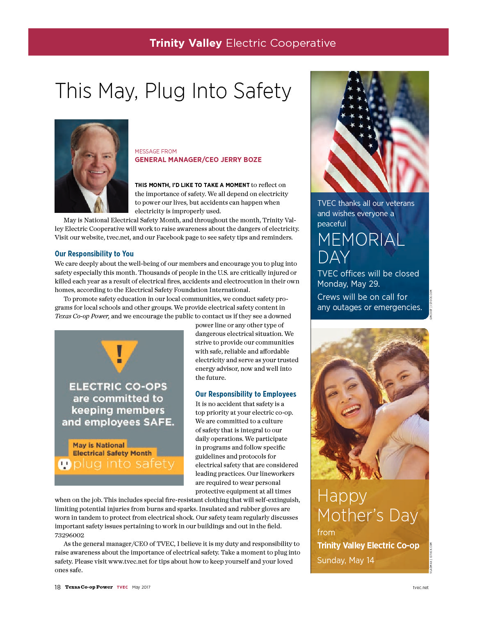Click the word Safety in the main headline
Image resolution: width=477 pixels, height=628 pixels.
click(x=262, y=91)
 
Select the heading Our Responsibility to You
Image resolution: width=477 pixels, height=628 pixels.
click(x=94, y=253)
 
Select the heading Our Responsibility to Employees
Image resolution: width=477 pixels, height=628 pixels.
click(x=245, y=394)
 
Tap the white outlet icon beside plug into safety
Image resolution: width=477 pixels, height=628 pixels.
click(x=64, y=464)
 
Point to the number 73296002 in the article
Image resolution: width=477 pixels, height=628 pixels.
click(x=69, y=535)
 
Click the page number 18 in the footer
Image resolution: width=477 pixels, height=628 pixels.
click(x=57, y=587)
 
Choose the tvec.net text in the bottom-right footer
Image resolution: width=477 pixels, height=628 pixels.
click(x=420, y=587)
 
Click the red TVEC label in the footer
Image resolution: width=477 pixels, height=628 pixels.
click(x=122, y=587)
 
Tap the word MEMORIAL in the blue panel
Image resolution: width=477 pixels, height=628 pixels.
click(x=361, y=240)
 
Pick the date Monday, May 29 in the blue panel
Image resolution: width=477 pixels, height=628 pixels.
click(x=348, y=284)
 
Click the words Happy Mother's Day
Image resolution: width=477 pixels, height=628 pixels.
click(x=367, y=505)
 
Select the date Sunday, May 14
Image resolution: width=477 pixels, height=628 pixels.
click(x=345, y=560)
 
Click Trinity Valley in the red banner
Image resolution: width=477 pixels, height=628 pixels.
click(x=185, y=43)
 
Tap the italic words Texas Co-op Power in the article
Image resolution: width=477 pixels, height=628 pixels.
click(x=82, y=316)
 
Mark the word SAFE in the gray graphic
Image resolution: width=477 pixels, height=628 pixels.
click(x=158, y=422)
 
